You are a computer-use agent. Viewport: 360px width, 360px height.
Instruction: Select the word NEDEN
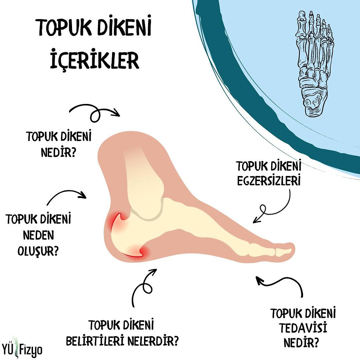click(x=39, y=235)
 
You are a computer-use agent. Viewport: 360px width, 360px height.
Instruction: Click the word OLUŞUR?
click(x=39, y=251)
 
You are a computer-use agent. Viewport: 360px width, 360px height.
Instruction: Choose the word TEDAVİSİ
click(x=303, y=328)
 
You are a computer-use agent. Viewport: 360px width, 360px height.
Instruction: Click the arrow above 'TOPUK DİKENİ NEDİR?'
click(x=95, y=111)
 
